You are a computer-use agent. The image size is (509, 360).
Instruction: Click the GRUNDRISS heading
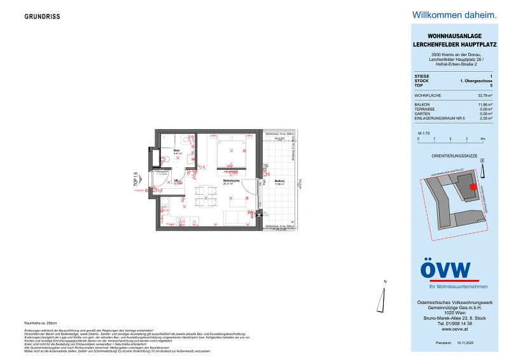click(42, 17)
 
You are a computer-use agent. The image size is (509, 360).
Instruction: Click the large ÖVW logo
click(445, 271)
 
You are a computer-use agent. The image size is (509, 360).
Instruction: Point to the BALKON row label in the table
click(422, 104)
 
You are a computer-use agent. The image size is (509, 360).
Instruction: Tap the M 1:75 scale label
click(423, 133)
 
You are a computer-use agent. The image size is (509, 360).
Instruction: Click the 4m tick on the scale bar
click(482, 138)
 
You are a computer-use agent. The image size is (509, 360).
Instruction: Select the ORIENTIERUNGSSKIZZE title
click(445, 156)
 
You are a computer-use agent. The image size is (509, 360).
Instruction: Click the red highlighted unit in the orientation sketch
click(473, 186)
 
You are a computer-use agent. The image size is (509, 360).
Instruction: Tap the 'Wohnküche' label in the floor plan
click(230, 181)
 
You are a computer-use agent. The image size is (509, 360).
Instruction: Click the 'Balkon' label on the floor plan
click(279, 182)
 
